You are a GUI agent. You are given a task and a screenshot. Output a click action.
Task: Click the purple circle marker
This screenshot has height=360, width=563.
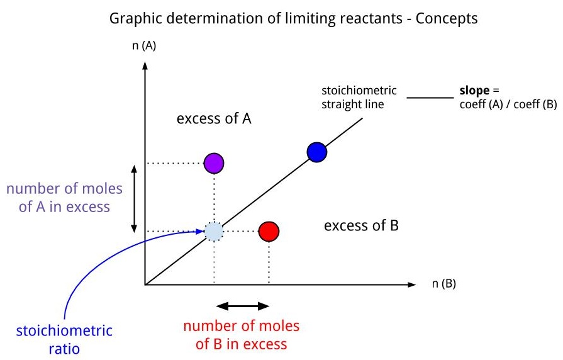click(x=214, y=163)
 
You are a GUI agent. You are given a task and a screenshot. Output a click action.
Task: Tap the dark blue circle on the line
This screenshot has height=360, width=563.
click(x=316, y=152)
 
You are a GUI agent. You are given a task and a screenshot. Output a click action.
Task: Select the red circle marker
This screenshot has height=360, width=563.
click(x=269, y=231)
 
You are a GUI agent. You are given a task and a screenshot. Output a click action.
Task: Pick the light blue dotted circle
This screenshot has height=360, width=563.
click(x=214, y=231)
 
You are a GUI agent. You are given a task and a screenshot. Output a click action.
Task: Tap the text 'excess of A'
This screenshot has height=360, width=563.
click(x=214, y=118)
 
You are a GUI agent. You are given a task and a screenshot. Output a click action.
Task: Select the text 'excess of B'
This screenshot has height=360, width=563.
click(x=361, y=225)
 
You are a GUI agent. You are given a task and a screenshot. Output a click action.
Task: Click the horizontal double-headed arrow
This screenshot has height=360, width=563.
click(x=242, y=306)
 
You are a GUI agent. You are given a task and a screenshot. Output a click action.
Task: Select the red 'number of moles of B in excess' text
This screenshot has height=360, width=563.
click(x=242, y=335)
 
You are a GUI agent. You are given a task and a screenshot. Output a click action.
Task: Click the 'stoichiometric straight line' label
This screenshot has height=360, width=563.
click(x=359, y=97)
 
